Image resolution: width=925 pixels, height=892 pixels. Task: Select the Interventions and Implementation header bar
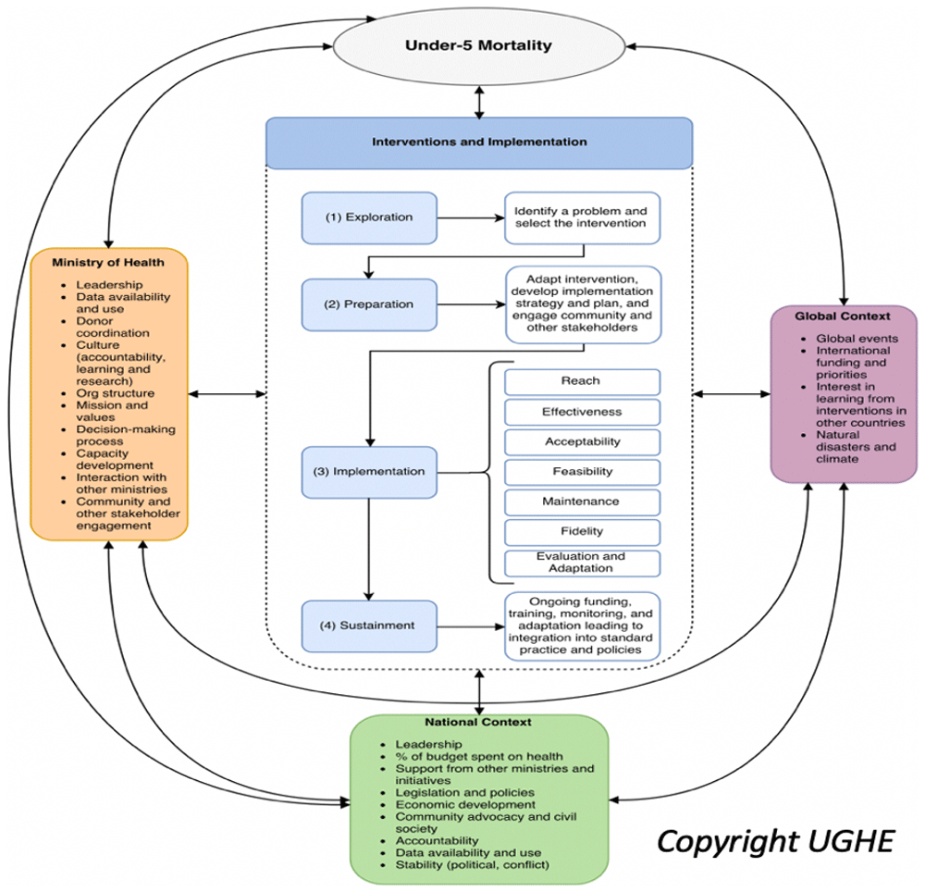coord(479,142)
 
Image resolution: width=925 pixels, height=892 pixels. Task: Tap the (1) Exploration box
coord(369,218)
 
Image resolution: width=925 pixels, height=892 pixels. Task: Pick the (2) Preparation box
coord(369,304)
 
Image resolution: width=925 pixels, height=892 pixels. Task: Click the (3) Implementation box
coord(369,472)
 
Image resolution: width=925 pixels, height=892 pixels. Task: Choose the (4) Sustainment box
coord(369,626)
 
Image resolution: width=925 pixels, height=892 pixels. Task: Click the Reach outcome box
coord(582,381)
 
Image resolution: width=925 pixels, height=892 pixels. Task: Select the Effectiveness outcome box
coord(582,412)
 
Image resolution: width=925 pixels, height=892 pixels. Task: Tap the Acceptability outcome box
coord(582,441)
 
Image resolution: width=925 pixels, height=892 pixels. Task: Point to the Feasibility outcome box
coord(582,472)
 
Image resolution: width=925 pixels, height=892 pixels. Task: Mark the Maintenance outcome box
coord(582,502)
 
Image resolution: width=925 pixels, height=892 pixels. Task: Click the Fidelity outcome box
coord(582,532)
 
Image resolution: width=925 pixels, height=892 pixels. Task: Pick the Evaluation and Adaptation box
coord(582,563)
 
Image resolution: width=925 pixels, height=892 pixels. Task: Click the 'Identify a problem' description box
coord(582,217)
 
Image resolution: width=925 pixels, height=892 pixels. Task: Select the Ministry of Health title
coord(109,262)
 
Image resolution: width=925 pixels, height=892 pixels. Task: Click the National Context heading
coord(478,722)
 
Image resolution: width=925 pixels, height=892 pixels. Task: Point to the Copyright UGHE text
coord(775,841)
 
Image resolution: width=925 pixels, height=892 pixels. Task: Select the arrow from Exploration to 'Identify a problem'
coord(470,219)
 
